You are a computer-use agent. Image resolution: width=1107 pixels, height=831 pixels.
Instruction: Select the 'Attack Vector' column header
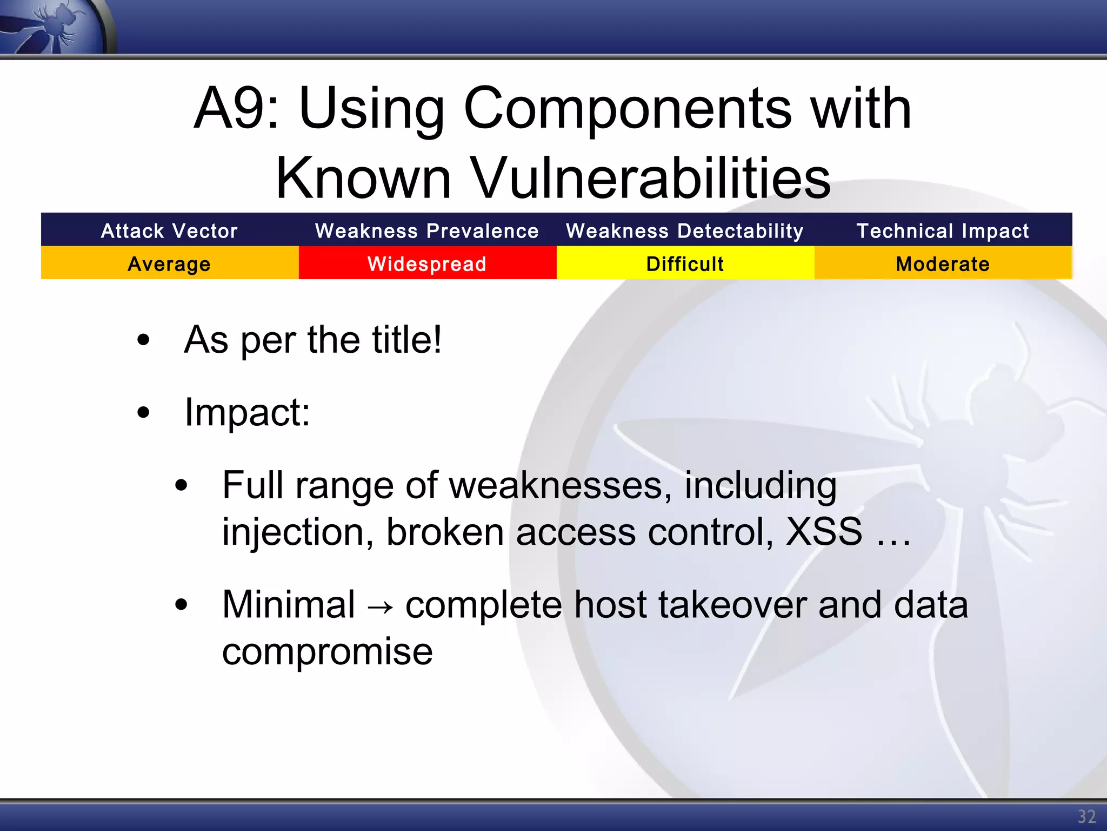coord(169,231)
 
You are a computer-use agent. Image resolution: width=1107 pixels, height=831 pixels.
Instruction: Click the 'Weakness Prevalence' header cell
coord(427,231)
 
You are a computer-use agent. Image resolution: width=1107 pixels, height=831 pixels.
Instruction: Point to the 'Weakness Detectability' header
coord(685,231)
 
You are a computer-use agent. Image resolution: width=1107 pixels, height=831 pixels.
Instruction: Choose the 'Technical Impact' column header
coord(943,231)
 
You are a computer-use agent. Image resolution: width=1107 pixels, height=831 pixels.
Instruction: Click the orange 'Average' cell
coord(169,264)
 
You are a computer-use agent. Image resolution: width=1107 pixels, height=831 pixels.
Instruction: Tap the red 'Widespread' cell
coord(427,264)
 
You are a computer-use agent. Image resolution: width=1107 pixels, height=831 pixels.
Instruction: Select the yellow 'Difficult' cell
coord(685,264)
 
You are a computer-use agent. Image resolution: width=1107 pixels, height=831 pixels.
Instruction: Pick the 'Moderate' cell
coord(943,264)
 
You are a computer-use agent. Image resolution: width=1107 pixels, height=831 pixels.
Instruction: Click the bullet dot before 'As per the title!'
coord(143,340)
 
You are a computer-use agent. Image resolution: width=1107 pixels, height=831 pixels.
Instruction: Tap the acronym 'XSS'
coord(823,532)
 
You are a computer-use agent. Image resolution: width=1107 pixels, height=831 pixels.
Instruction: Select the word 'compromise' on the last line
coord(328,652)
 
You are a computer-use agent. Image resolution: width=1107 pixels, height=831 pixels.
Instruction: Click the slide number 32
coord(1086,816)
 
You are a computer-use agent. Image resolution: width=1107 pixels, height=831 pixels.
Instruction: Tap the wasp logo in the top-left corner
coord(54,26)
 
